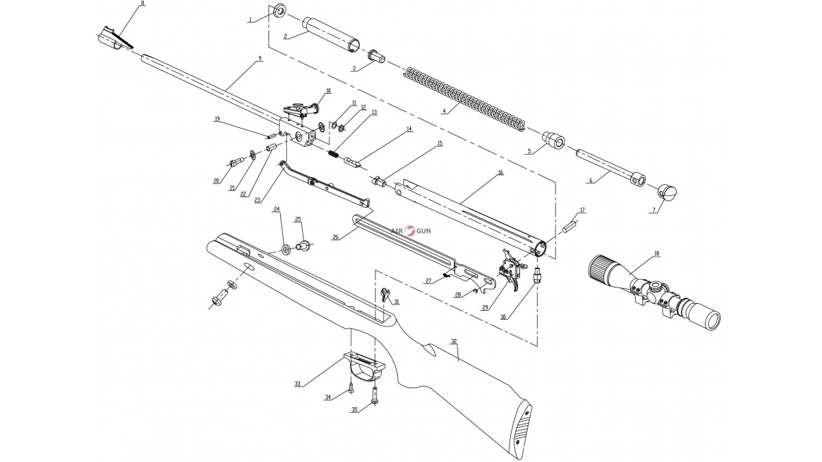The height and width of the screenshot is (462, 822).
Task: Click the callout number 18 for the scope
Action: pyautogui.click(x=657, y=254)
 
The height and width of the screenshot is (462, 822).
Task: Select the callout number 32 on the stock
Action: pyautogui.click(x=453, y=340)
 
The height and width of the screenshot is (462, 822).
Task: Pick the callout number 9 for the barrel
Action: pyautogui.click(x=260, y=60)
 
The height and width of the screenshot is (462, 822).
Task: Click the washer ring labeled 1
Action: pyautogui.click(x=279, y=12)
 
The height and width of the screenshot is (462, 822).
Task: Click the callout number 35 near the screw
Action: pyautogui.click(x=355, y=410)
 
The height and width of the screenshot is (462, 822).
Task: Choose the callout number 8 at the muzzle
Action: pyautogui.click(x=142, y=4)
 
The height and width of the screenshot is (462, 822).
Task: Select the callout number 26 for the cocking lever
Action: pyautogui.click(x=336, y=237)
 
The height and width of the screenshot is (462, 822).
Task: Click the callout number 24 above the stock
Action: pyautogui.click(x=277, y=209)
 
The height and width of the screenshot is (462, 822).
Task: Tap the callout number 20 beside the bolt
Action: pyautogui.click(x=216, y=181)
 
